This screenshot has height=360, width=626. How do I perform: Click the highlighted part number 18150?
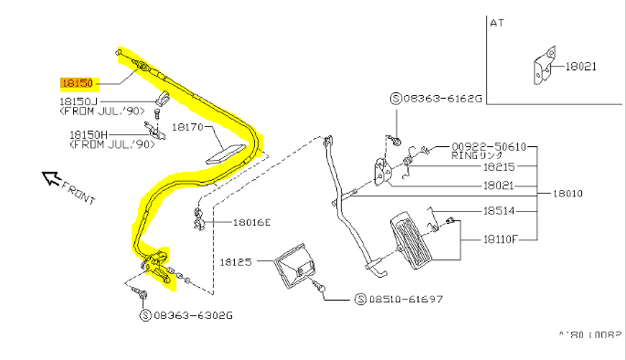[x=77, y=81]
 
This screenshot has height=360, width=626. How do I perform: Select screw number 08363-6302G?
[x=193, y=315]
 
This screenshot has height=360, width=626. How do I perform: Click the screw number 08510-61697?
[x=406, y=299]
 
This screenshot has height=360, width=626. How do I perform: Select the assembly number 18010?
[x=568, y=194]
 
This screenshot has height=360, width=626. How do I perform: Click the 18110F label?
[x=501, y=239]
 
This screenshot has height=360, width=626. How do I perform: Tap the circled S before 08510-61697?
[x=362, y=299]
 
